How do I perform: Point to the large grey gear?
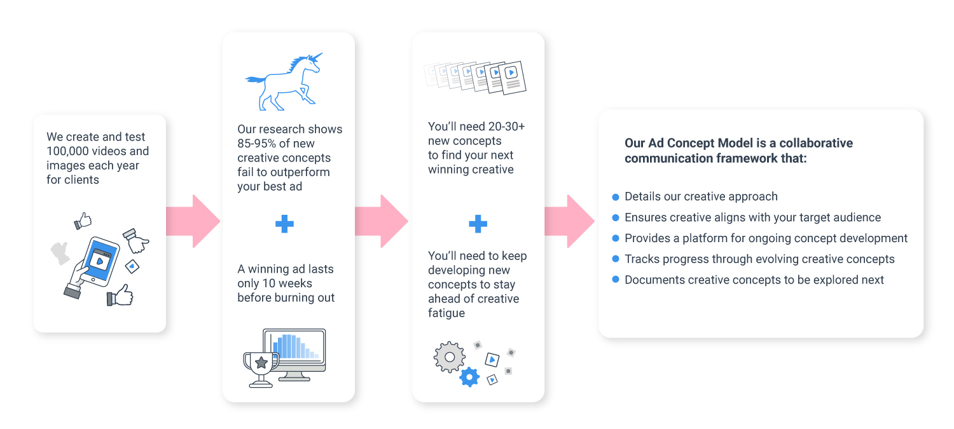(450, 357)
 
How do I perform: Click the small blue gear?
(469, 377)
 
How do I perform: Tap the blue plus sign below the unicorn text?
(284, 224)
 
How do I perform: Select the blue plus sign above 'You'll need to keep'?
(478, 224)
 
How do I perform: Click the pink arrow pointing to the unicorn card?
(193, 221)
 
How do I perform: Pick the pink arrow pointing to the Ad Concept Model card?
(569, 221)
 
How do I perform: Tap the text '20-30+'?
(506, 126)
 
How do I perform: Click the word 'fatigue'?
(446, 313)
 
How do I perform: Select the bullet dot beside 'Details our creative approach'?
(616, 196)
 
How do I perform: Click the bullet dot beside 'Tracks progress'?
(616, 259)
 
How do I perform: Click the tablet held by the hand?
(100, 261)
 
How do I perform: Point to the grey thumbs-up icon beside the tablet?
(60, 253)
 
